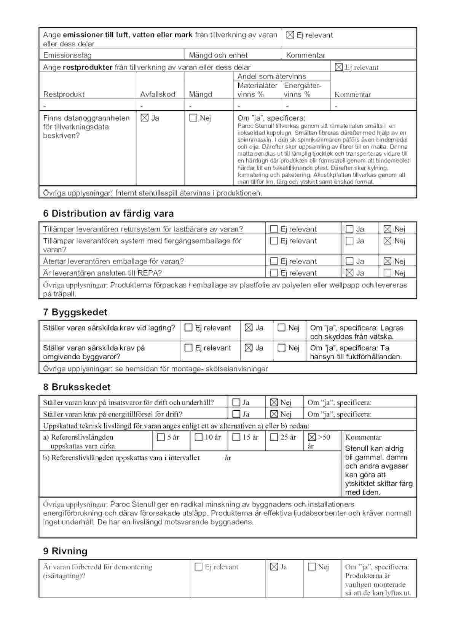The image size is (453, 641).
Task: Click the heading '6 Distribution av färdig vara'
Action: point(108,214)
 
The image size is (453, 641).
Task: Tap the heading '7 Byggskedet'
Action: point(75,312)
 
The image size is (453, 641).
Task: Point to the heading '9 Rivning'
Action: point(65,551)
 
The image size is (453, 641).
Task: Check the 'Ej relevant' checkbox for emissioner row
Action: point(290,35)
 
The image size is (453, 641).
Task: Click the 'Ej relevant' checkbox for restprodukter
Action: point(339,67)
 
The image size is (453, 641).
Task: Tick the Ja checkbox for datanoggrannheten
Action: point(145,118)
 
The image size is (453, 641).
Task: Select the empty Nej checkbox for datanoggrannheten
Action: point(193,118)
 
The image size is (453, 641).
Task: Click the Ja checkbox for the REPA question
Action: point(349,273)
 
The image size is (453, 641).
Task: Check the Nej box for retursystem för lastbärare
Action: point(388,229)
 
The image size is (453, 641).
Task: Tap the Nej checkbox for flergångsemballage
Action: point(388,241)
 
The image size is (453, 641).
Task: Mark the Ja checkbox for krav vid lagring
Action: point(249,328)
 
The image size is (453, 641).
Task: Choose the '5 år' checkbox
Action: point(161,437)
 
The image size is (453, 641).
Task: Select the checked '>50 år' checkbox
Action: point(312,437)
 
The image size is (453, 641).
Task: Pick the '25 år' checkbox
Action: point(274,437)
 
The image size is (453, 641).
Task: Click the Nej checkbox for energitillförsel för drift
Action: point(274,414)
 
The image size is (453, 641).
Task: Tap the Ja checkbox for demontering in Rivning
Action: point(274,567)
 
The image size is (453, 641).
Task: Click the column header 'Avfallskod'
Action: point(158,94)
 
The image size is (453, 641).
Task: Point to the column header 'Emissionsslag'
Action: point(67,55)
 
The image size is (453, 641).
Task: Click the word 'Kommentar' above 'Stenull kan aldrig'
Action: point(363,437)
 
